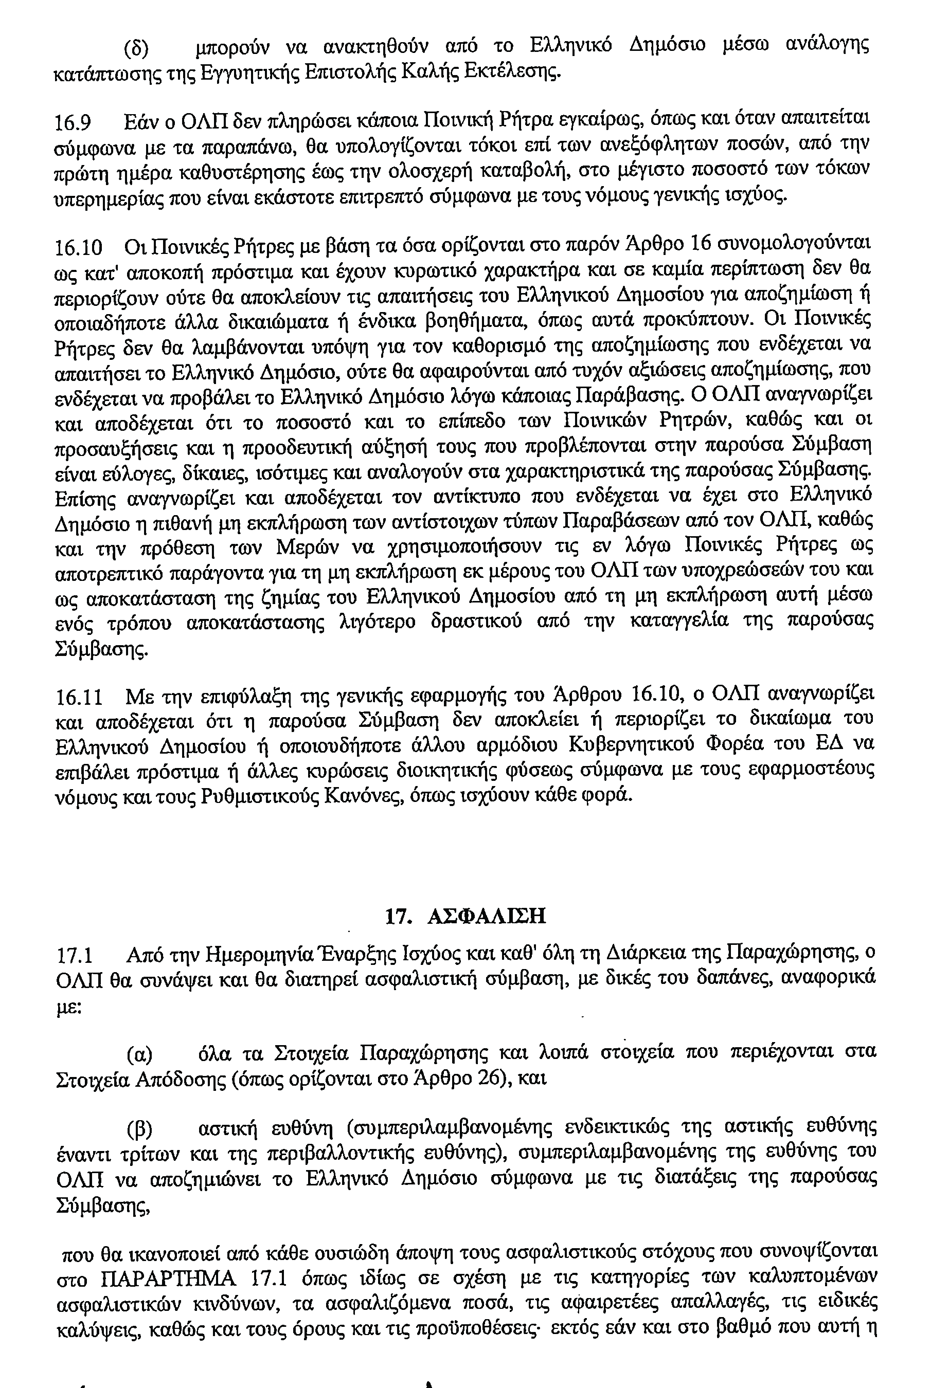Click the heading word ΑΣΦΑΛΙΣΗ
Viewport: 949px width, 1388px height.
[487, 916]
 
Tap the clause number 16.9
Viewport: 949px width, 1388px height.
[73, 122]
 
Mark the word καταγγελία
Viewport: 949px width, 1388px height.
[680, 621]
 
